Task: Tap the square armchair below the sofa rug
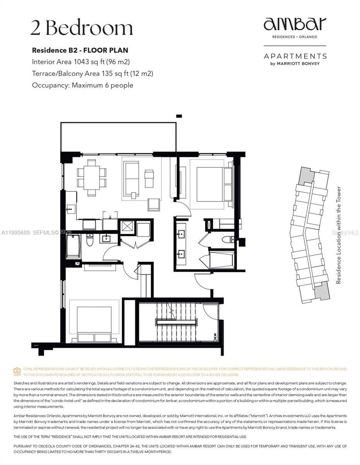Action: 154,204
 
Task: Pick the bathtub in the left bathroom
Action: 73,247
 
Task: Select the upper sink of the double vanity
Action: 181,234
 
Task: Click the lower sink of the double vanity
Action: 181,254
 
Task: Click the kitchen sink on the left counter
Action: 70,209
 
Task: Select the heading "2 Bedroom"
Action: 82,28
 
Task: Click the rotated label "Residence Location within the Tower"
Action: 339,235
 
